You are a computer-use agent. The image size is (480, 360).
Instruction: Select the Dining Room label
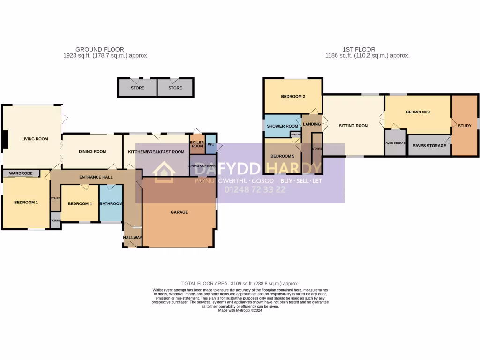tap(92, 152)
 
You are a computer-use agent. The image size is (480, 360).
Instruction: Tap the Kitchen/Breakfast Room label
tap(155, 152)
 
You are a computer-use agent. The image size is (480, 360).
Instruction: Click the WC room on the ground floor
tap(211, 144)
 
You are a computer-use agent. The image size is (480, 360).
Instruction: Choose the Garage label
tap(179, 212)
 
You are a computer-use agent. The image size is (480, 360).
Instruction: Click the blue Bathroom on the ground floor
tap(111, 204)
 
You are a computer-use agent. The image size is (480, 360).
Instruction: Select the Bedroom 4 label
tap(80, 204)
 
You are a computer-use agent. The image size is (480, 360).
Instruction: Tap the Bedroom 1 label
tap(26, 202)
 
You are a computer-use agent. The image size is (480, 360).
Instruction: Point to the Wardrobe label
tap(21, 173)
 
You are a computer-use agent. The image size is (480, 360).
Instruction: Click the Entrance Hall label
tap(96, 177)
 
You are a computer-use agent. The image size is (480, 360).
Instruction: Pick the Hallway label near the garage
tap(133, 238)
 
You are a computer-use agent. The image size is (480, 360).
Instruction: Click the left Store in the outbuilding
tap(137, 88)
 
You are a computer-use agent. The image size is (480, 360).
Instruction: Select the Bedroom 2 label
tap(293, 97)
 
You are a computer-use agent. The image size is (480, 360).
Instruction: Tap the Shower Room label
tap(282, 126)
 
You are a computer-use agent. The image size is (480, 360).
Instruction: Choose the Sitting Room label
tap(353, 126)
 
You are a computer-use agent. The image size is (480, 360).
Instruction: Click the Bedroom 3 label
tap(418, 112)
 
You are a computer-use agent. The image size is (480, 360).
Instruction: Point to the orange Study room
tap(465, 126)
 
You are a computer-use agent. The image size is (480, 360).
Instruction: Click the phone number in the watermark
tap(255, 190)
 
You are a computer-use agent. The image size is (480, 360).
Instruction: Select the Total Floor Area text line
tap(240, 284)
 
